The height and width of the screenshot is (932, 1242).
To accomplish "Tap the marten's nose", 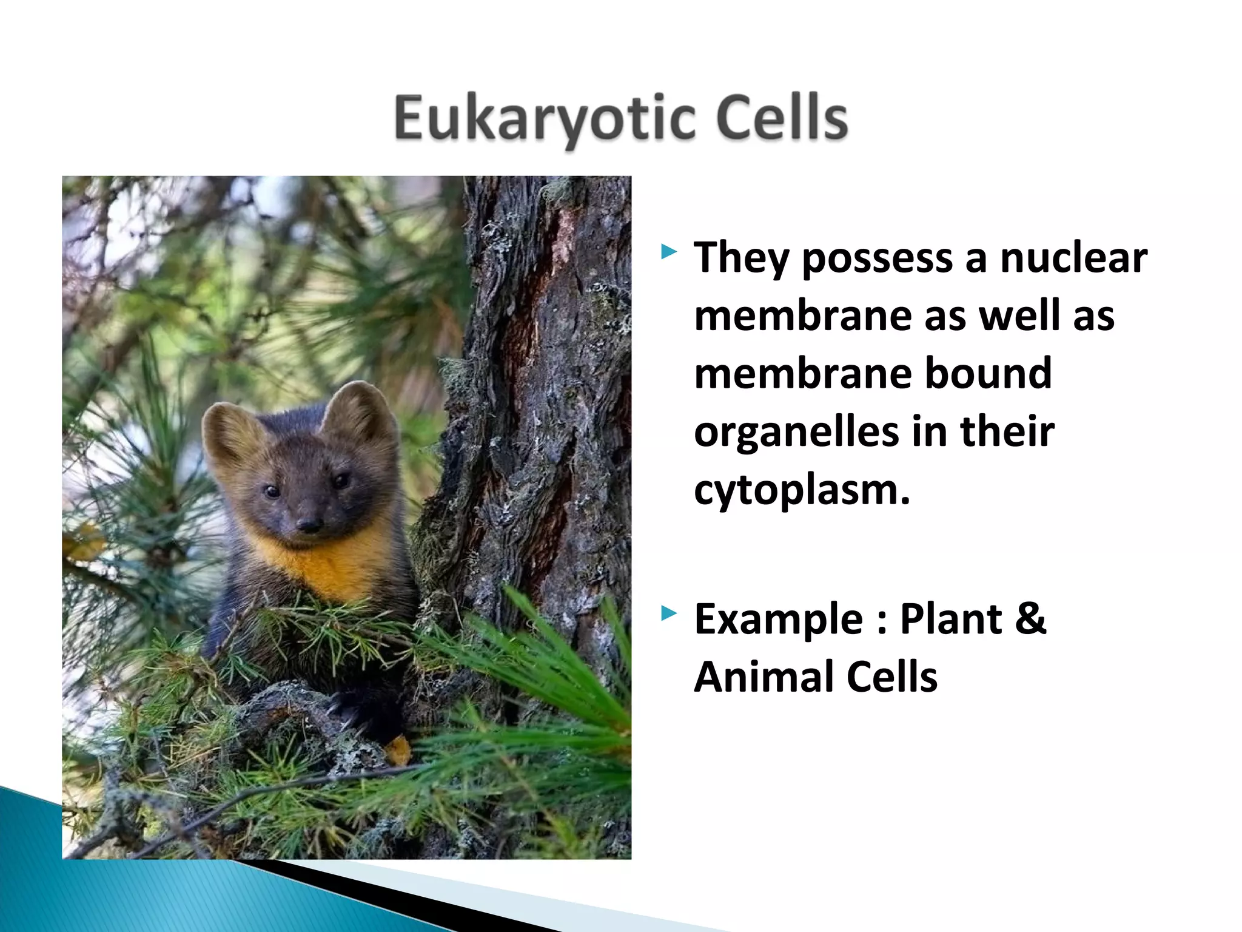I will [x=309, y=524].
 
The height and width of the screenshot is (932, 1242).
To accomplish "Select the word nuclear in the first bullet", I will [x=1073, y=257].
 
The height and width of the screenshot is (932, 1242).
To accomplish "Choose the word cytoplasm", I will [x=802, y=490].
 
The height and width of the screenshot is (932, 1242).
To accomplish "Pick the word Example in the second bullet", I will [x=779, y=620].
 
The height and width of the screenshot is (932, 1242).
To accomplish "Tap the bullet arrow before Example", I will [x=669, y=613].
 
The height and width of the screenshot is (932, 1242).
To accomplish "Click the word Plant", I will [x=950, y=619].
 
